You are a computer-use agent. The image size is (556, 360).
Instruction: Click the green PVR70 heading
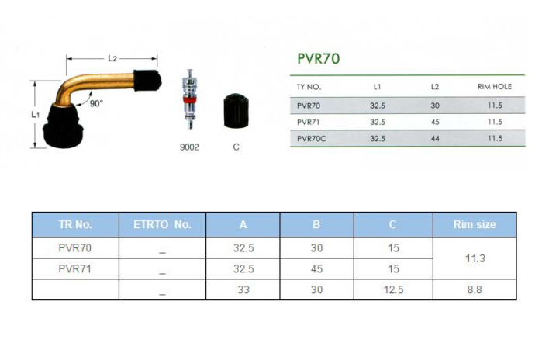(x=319, y=58)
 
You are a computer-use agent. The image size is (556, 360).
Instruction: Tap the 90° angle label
(x=96, y=103)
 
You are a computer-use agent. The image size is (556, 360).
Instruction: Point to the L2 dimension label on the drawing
(x=112, y=58)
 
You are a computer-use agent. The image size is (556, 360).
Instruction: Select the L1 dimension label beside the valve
(x=35, y=114)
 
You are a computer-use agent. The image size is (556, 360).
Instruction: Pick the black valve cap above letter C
(x=237, y=111)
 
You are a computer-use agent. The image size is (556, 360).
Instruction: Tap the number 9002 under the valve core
(x=189, y=147)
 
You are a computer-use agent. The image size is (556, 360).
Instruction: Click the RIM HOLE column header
(x=495, y=87)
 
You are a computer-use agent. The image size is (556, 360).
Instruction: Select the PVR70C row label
(x=311, y=139)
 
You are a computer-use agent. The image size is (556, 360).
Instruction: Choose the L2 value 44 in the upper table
(x=435, y=139)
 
